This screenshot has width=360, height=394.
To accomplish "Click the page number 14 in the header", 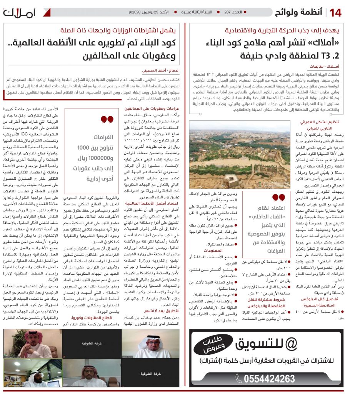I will pyautogui.click(x=335, y=12).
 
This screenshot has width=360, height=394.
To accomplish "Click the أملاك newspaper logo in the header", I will pyautogui.click(x=20, y=13).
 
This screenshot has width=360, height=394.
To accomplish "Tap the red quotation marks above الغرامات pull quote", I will pyautogui.click(x=107, y=119).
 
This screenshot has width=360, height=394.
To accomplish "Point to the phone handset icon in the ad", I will pyautogui.click(x=239, y=379).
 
